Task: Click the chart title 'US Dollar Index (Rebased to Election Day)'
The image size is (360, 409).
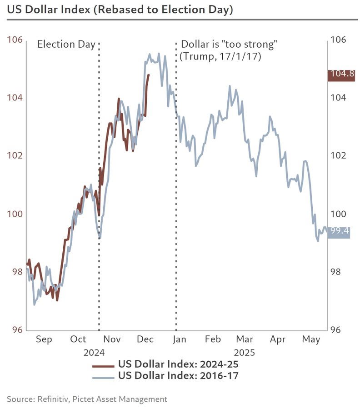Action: coord(120,10)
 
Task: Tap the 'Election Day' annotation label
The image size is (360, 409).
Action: coord(66,45)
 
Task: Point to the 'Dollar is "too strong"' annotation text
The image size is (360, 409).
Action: coord(229,45)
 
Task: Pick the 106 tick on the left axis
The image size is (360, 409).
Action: coord(15,40)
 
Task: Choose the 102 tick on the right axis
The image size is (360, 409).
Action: coord(339,155)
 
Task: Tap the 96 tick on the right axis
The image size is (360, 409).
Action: coord(339,330)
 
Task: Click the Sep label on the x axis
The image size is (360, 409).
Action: coord(44,339)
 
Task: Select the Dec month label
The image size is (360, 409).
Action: coord(145,339)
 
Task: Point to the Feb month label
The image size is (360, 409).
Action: coord(212,339)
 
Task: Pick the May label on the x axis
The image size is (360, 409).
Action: coord(311,339)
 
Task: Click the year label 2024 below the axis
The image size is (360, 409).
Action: coord(94,353)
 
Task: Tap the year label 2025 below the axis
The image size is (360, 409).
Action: coord(244,353)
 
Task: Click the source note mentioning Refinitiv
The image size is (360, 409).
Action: coord(87,399)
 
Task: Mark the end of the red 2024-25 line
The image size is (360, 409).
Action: coord(149,75)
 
